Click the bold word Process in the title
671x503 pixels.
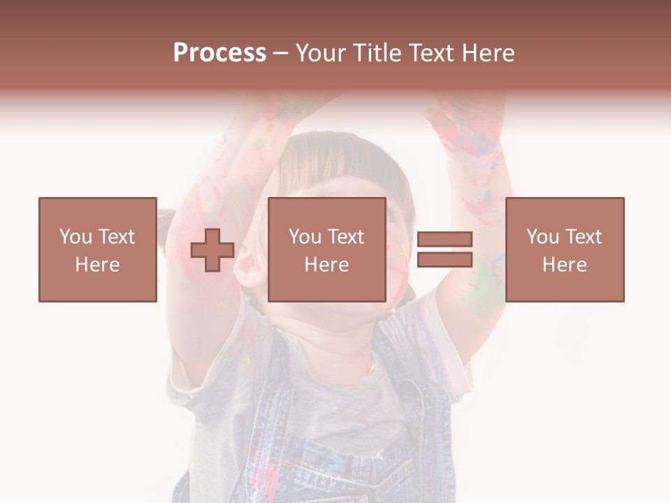click(x=219, y=53)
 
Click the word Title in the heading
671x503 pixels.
click(x=377, y=53)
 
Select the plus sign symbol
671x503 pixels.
click(x=212, y=250)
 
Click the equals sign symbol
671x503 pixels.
click(x=445, y=249)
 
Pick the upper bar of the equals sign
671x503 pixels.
click(x=445, y=240)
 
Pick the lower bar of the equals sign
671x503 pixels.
click(x=445, y=259)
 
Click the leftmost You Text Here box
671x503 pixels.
click(x=97, y=249)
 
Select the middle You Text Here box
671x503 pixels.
click(x=326, y=249)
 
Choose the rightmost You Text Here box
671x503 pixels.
click(x=564, y=249)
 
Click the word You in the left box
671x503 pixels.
click(x=75, y=237)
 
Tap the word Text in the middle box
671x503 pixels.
click(x=345, y=237)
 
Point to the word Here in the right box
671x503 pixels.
click(x=564, y=265)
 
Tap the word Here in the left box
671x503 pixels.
click(x=97, y=265)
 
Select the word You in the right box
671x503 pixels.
click(x=542, y=237)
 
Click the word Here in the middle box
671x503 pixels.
click(x=326, y=265)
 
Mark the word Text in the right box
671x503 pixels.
click(x=582, y=237)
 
